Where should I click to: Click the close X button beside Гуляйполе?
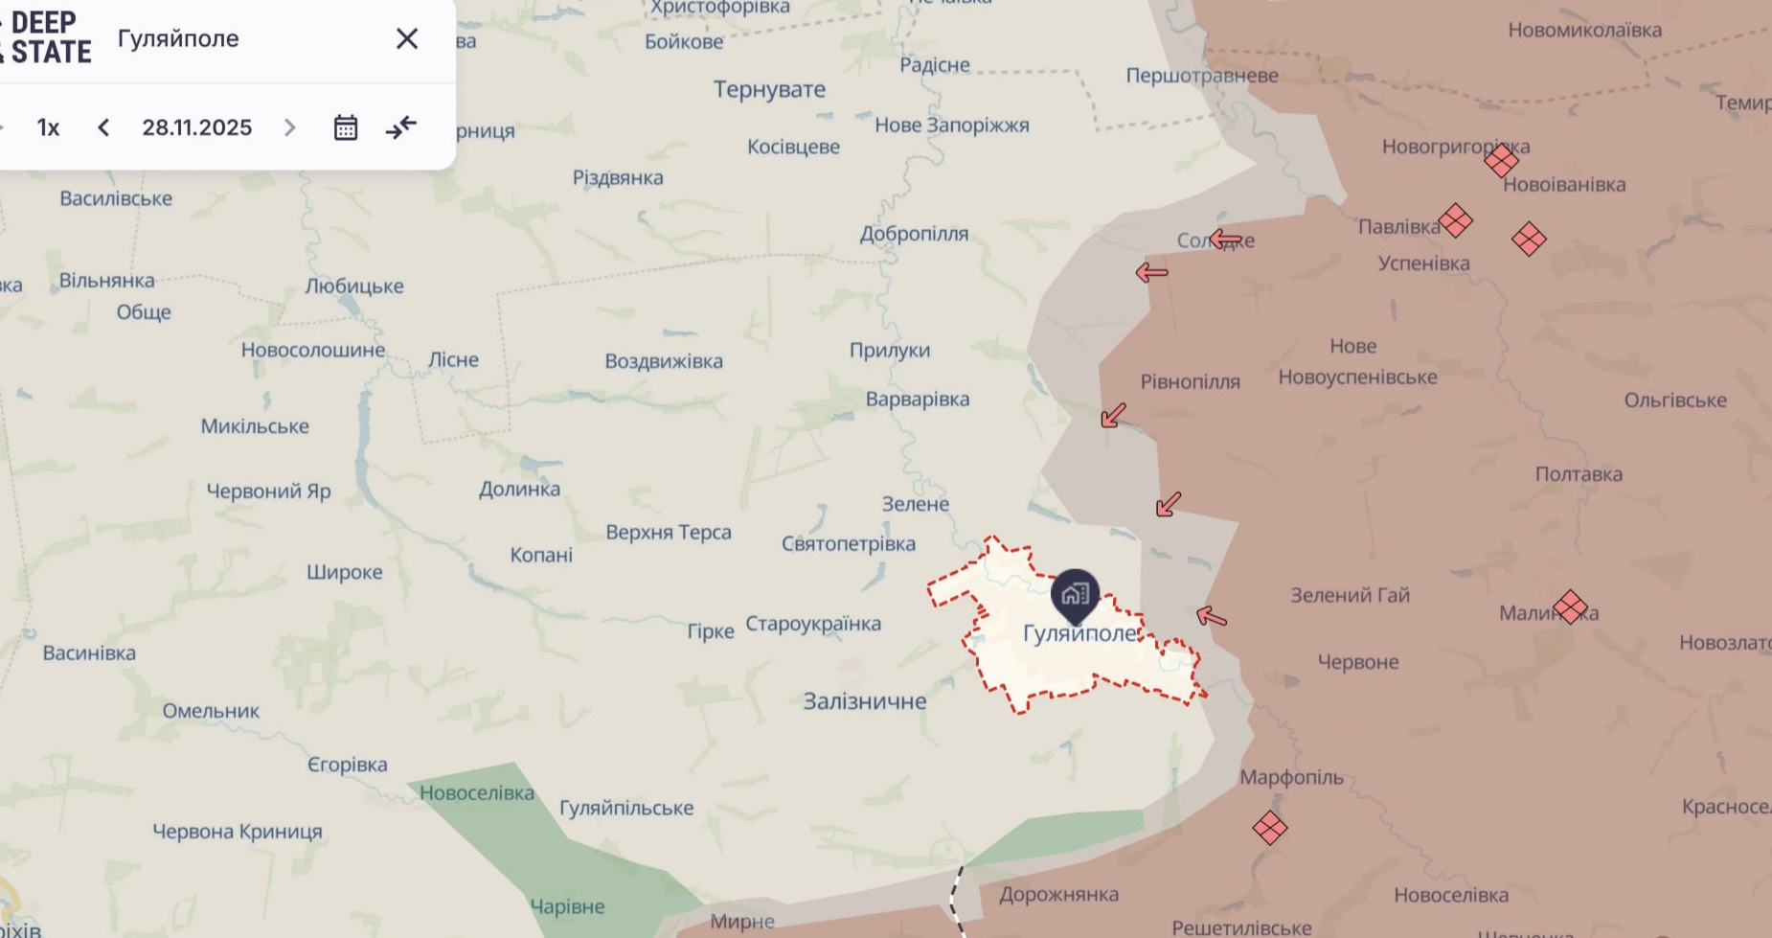[407, 38]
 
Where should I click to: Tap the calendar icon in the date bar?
[346, 127]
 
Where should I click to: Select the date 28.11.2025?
[196, 127]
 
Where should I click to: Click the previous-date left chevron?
[103, 127]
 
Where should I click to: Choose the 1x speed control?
[48, 127]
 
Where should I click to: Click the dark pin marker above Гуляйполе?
[1075, 594]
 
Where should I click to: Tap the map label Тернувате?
[769, 89]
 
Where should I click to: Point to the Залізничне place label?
[864, 701]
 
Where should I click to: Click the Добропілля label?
[914, 234]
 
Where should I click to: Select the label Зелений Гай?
[1350, 595]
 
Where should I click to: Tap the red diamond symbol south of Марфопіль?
[1269, 828]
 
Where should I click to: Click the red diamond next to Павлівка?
[1455, 220]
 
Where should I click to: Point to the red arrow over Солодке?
[1225, 239]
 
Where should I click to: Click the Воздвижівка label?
[664, 361]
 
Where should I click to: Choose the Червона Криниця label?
[238, 832]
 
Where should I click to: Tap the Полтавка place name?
[1579, 474]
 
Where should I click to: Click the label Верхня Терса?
[669, 533]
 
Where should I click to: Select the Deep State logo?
[48, 38]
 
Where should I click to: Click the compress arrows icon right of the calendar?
[401, 127]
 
